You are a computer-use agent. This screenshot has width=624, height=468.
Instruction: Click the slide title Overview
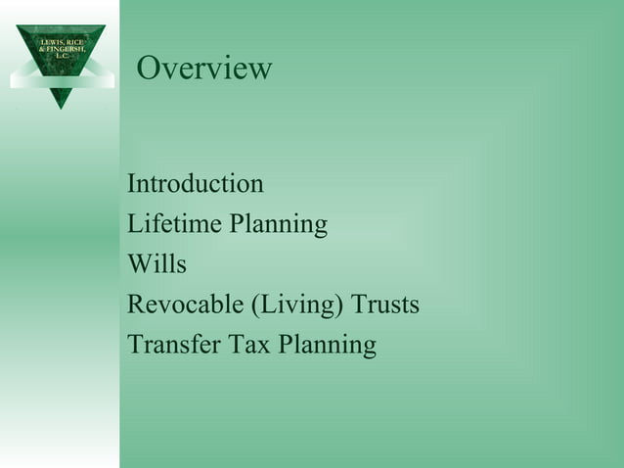click(x=204, y=69)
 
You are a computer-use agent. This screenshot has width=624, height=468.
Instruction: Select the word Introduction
click(x=196, y=184)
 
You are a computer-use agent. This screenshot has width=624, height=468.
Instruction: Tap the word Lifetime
click(x=174, y=224)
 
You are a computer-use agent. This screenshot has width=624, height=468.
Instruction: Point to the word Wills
click(x=156, y=264)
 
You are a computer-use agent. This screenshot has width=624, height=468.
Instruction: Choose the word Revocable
click(x=187, y=304)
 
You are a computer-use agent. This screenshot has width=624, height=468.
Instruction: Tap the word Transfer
click(x=167, y=345)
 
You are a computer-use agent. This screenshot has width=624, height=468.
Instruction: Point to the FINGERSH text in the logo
click(x=65, y=48)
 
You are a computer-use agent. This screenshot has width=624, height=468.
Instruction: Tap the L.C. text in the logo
click(x=61, y=56)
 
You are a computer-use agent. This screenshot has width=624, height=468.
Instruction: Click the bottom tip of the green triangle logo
click(x=61, y=106)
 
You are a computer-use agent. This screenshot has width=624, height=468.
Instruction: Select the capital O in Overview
click(x=149, y=69)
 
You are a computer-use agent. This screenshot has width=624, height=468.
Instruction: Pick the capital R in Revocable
click(x=135, y=304)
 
